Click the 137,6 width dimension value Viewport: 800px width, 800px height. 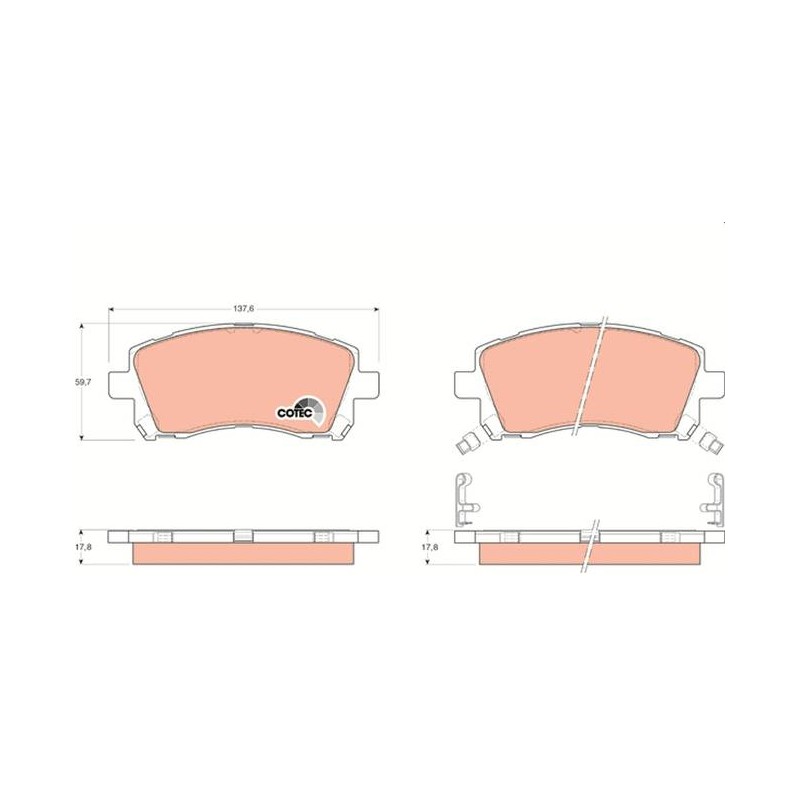click(244, 308)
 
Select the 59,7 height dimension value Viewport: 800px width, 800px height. click(83, 381)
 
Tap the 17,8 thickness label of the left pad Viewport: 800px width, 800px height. click(83, 545)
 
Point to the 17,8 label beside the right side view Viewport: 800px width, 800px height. click(429, 545)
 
